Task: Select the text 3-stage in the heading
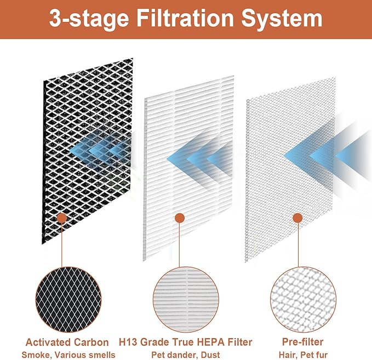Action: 88,19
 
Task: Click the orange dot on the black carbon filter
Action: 62,218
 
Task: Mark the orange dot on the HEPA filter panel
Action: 179,218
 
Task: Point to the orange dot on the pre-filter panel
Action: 297,218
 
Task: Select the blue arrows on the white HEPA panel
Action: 203,156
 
